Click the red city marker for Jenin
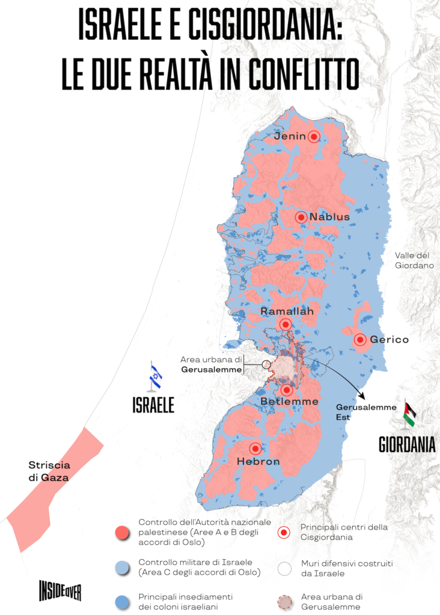point(313,137)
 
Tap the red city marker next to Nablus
point(301,217)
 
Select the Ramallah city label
point(287,312)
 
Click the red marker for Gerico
point(359,339)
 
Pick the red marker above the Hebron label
point(255,448)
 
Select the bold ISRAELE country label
point(153,405)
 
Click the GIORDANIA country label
point(407,444)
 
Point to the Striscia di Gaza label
point(49,471)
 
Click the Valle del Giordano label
point(414,260)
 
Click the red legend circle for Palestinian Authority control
point(122,532)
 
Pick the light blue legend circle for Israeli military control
point(122,567)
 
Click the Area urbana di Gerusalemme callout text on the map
point(211,365)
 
